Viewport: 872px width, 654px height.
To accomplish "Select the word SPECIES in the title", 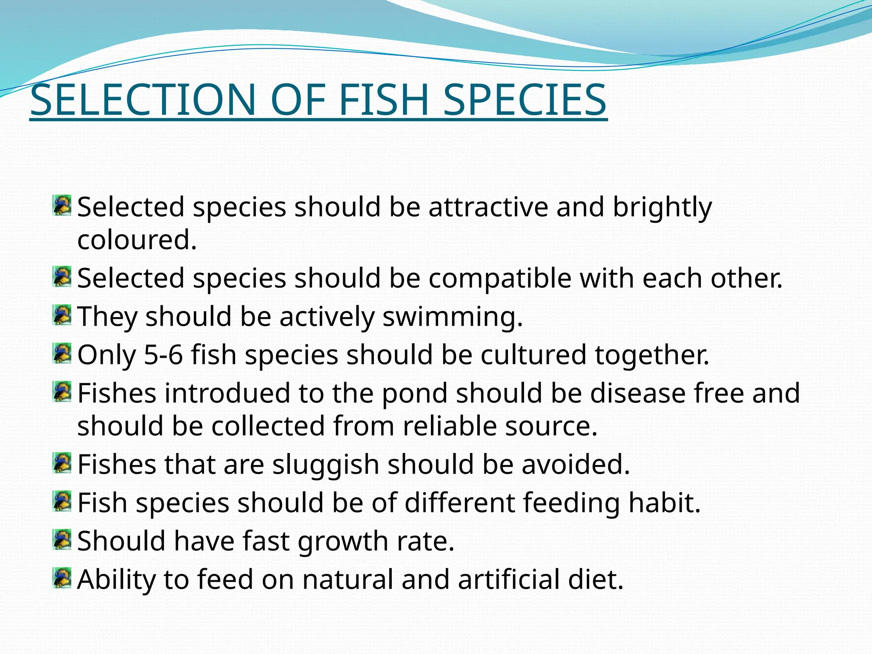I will tap(525, 100).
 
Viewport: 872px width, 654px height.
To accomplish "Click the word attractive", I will tap(488, 207).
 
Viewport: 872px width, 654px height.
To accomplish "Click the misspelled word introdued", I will tap(227, 393).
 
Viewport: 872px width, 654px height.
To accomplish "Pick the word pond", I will tap(414, 393).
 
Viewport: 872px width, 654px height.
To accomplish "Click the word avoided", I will tap(575, 465).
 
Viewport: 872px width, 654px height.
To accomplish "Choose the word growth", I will tap(343, 542).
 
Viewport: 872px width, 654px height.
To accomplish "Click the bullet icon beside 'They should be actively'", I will tap(62, 315).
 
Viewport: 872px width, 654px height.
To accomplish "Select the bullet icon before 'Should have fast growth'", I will tap(62, 539).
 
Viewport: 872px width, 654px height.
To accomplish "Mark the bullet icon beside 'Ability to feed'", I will tap(62, 578).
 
